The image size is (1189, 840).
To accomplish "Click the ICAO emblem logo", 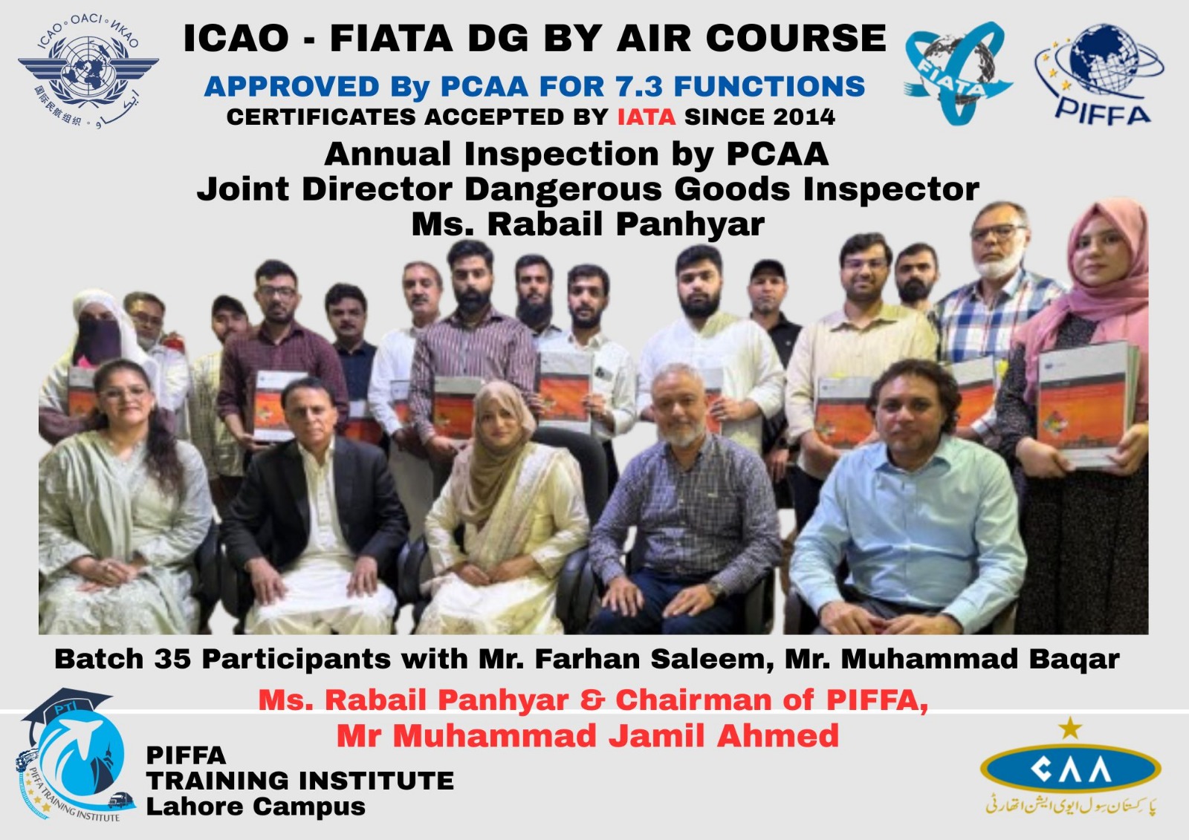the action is pos(88,71).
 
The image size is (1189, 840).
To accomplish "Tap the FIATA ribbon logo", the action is pos(959,74).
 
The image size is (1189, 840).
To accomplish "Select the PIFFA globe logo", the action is pos(1100,74).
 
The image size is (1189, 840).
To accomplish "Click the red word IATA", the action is pos(647,117).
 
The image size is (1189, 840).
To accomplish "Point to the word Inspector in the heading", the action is pos(891,189).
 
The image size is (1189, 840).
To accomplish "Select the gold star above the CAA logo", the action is pos(1070,729).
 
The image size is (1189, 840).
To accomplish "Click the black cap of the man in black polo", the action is pos(768,269).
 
